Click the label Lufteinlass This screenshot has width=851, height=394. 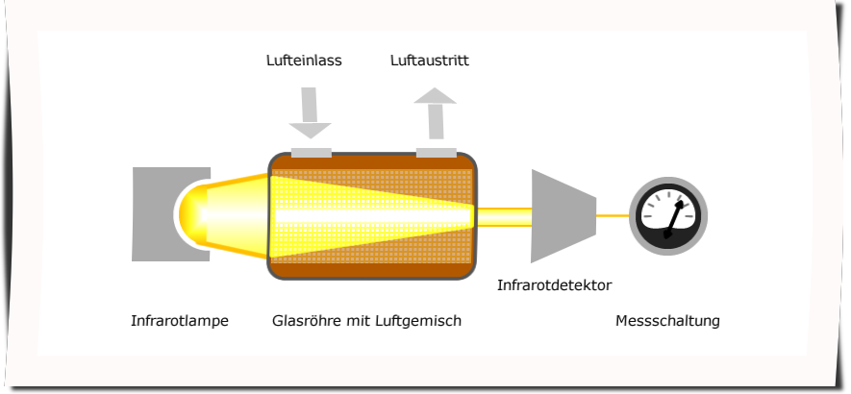tap(304, 61)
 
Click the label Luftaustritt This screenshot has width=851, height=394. tap(430, 61)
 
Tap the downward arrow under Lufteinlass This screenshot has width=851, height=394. tap(310, 113)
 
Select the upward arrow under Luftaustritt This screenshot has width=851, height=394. tap(436, 111)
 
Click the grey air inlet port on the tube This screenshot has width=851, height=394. tap(311, 152)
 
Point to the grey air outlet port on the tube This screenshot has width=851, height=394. tap(437, 152)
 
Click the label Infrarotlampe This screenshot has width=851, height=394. tap(180, 321)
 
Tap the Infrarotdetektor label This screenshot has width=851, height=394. tap(554, 285)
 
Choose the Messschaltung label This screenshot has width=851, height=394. tap(667, 321)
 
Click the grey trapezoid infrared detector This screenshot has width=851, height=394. tap(561, 216)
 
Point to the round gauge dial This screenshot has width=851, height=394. tap(668, 216)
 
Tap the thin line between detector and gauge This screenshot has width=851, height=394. tap(613, 216)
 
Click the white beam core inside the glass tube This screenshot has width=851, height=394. tap(365, 215)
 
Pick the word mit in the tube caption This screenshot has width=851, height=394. tap(362, 321)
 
